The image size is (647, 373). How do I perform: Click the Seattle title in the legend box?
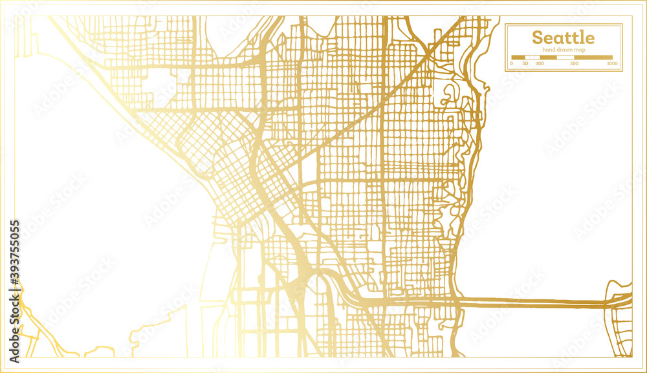coord(563,37)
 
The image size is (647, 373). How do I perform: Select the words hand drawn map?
coord(564,50)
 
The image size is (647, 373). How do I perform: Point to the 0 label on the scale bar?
coord(512,63)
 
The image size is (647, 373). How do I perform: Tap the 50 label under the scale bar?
coord(525,63)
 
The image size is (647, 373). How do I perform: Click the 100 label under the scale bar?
coord(540,63)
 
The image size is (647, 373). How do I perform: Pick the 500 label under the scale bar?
coord(574,63)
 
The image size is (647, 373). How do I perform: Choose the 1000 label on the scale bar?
coord(612,63)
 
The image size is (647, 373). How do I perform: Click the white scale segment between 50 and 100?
coord(532,58)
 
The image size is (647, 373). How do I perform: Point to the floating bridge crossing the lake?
coord(531,301)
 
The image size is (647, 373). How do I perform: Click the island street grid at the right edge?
coord(620,320)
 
